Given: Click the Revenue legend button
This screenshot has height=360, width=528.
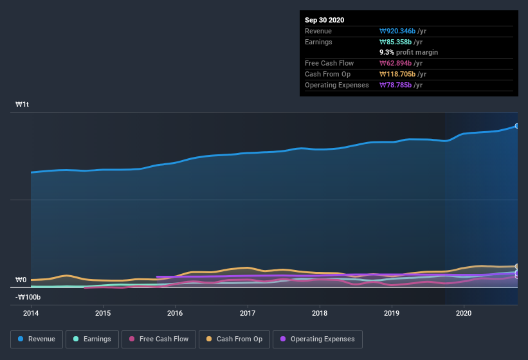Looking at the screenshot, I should (x=37, y=339).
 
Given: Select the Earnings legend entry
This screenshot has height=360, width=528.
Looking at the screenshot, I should (x=92, y=339).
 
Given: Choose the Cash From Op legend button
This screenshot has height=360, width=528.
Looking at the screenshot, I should (x=234, y=339).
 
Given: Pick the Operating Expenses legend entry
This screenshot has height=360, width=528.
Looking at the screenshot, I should (x=317, y=339).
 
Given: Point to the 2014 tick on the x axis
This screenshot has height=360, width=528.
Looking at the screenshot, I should (x=31, y=314).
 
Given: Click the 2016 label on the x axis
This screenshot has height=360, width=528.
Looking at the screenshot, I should (x=175, y=314).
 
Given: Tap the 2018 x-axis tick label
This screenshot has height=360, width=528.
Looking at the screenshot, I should (x=319, y=314).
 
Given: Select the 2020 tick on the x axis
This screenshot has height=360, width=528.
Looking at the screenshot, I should (x=463, y=314).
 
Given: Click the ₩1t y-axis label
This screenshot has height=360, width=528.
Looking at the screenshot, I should (x=23, y=104).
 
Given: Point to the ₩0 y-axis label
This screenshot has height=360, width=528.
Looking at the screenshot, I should (x=21, y=280).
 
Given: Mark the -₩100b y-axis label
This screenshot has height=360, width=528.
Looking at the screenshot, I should (x=28, y=297).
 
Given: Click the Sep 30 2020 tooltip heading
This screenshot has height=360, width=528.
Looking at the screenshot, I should (x=325, y=20).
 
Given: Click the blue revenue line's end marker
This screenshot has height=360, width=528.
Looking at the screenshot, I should (x=517, y=126).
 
